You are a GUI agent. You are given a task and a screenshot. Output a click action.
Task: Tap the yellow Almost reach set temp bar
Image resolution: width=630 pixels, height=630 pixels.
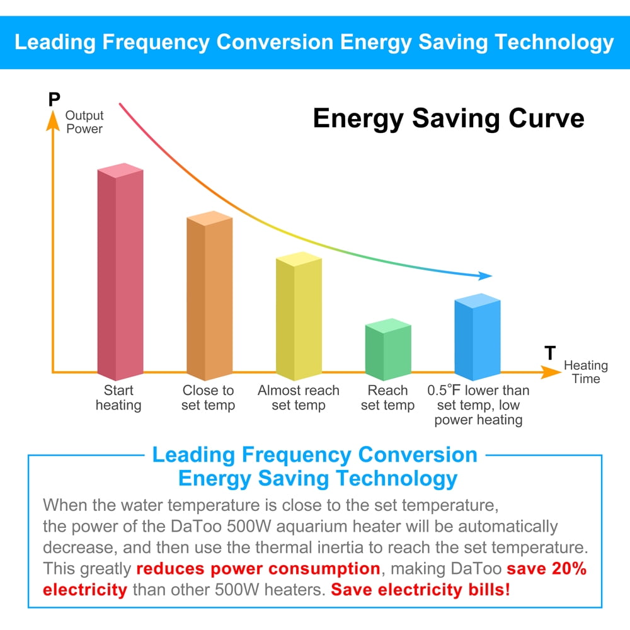pos(299,318)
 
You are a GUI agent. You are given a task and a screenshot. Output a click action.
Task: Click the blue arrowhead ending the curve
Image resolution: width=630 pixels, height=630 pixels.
pos(485,275)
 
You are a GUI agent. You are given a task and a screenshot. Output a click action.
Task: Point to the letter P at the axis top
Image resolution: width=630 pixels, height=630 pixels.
pos(54,100)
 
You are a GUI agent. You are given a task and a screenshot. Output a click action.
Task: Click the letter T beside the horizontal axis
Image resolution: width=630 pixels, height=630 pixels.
pos(550,353)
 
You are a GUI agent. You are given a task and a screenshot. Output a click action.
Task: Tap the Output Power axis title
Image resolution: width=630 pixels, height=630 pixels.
pos(84,122)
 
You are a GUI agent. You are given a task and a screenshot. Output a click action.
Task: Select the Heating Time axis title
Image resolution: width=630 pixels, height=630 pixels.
pos(586,372)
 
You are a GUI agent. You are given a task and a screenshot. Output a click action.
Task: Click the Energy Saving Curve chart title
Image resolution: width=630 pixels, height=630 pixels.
pos(449,118)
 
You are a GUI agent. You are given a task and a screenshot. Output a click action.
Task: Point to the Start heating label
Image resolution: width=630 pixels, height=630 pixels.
pos(118,398)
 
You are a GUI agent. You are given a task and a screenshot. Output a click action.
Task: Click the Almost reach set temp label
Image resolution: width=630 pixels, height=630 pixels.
pos(299,398)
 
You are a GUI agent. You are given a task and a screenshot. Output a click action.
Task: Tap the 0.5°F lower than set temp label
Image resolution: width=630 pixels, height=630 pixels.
pos(478,404)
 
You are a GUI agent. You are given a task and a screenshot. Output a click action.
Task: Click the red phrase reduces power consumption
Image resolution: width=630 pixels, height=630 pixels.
pos(258,569)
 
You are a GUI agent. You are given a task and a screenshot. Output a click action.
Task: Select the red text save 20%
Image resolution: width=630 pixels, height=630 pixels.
pos(546,569)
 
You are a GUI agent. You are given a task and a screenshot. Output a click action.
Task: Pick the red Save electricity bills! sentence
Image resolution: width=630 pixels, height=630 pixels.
pos(420,590)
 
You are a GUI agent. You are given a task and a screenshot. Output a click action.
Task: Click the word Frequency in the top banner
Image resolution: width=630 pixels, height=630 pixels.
pos(155,42)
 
